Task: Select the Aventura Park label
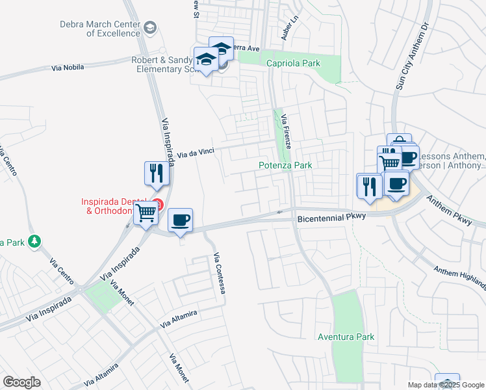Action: coord(346,337)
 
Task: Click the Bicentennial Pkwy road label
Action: coord(333,218)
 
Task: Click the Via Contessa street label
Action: coord(219,273)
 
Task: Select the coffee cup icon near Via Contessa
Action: coord(180,220)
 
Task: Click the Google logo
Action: coord(21,382)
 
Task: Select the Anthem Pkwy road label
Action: coord(448,208)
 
